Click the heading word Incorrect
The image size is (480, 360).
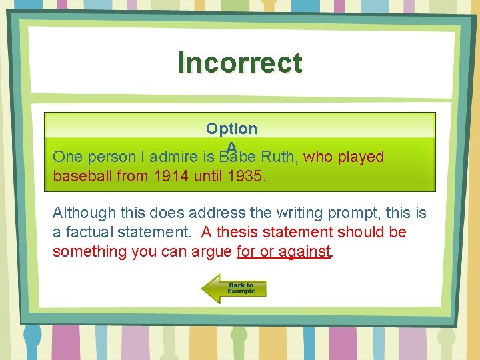coord(240,63)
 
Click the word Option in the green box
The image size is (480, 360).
coord(231,128)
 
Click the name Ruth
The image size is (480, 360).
coord(279,157)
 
